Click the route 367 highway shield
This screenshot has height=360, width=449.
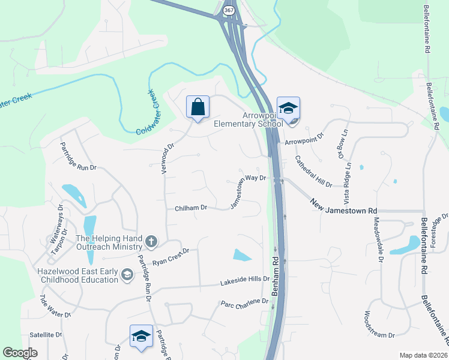[229, 11]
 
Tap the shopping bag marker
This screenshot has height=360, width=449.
[197, 107]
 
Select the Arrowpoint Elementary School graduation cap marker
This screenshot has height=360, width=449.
[288, 109]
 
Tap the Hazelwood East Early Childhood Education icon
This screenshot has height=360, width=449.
[127, 275]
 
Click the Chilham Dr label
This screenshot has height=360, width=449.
[191, 208]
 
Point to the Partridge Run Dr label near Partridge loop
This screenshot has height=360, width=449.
[78, 157]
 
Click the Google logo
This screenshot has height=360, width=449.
[20, 353]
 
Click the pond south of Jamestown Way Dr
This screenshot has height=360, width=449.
[243, 255]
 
